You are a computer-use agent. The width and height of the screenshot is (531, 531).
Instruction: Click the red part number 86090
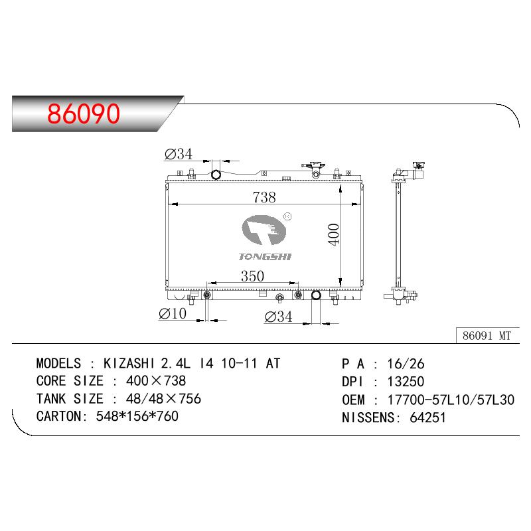(x=84, y=114)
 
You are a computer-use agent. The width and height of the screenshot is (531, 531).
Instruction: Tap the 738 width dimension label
(x=264, y=197)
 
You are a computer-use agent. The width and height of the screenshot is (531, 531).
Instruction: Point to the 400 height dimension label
(x=334, y=235)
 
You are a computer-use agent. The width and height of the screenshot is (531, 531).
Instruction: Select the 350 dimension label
(x=252, y=276)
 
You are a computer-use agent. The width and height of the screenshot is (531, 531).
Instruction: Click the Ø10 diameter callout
(x=173, y=313)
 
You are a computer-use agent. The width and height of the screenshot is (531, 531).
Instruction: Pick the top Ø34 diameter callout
(x=178, y=154)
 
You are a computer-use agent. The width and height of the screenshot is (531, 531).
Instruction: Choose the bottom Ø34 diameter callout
(x=278, y=317)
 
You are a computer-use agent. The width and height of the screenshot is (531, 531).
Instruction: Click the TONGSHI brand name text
(x=265, y=257)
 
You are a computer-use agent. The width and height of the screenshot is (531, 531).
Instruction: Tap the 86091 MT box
(x=487, y=336)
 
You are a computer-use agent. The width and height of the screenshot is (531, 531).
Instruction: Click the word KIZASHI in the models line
(x=129, y=363)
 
